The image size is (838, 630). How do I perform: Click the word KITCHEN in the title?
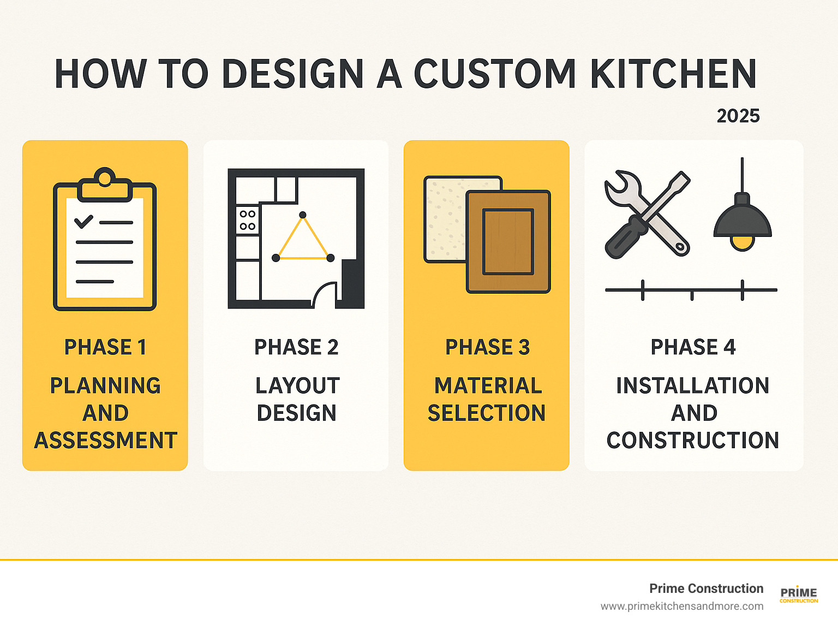pos(673,74)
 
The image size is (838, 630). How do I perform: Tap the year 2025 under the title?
pos(738,116)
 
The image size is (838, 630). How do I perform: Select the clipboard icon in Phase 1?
pos(105,239)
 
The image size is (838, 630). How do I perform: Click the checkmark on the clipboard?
pos(83,221)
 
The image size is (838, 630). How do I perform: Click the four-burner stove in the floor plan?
pos(247,220)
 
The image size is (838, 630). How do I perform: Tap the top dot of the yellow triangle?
pos(303,215)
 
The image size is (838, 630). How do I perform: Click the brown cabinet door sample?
pos(508,241)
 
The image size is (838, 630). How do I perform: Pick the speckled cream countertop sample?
pos(445,219)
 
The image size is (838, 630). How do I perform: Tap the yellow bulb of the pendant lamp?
pos(742,243)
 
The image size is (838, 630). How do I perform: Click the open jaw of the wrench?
pos(615,183)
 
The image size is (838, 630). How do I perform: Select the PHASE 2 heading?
pos(296,347)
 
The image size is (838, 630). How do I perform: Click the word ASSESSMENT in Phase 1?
pos(105,440)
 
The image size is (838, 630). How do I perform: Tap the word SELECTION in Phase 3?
pos(487,413)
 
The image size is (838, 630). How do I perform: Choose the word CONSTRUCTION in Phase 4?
pos(693,440)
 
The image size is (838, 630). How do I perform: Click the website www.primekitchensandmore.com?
pos(682,607)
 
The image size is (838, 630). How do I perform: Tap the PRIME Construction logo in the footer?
pos(799,595)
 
